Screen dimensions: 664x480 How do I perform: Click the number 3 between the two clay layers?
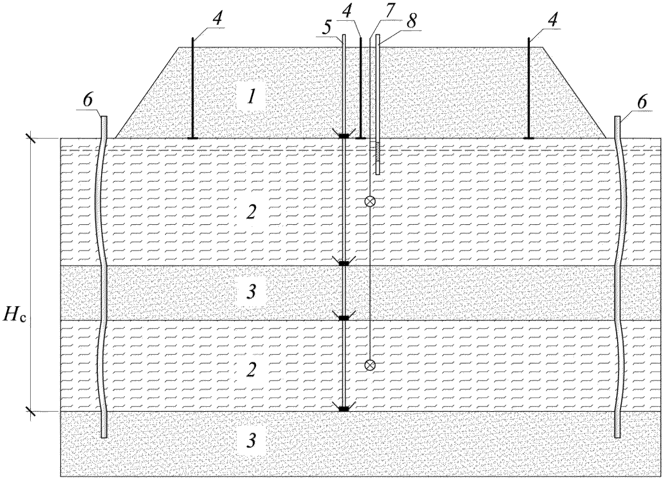(252, 292)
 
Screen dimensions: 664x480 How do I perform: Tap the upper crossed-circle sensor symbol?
(370, 201)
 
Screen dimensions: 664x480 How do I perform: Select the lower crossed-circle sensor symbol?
(370, 365)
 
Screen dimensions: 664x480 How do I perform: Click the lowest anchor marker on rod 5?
(343, 409)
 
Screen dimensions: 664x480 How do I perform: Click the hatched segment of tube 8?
(378, 152)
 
